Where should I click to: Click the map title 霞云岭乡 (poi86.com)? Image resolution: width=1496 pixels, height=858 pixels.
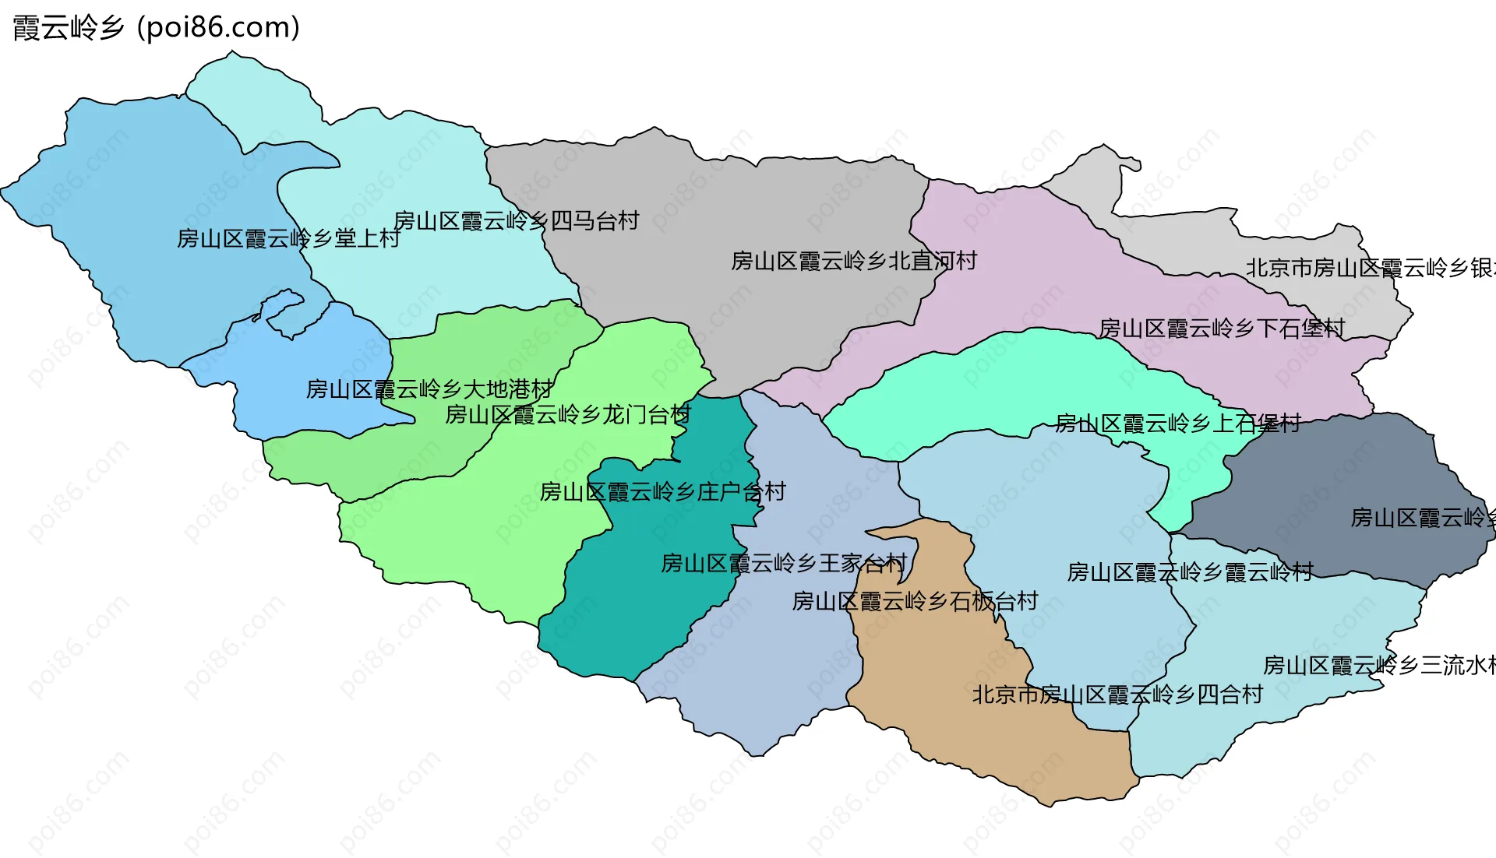(x=156, y=28)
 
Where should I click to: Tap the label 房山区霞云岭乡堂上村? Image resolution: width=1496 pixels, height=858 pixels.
(x=288, y=238)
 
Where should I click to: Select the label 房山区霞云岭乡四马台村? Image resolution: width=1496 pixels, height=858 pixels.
(x=516, y=221)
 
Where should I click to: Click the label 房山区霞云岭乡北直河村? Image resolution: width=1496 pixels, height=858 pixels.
(x=853, y=261)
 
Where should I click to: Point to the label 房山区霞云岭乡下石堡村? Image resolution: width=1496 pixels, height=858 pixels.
(x=1221, y=329)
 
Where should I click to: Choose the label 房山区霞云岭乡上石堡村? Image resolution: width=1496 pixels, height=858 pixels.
(x=1177, y=424)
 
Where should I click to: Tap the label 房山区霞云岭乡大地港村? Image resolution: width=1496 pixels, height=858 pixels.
(x=429, y=389)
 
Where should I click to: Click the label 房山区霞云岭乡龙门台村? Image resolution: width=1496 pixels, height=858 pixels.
(x=567, y=414)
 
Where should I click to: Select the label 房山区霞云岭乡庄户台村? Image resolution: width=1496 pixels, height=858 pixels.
(x=662, y=492)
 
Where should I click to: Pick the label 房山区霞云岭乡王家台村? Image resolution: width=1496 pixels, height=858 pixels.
(x=783, y=563)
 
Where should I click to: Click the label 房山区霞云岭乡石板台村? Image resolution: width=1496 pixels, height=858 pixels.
(x=915, y=601)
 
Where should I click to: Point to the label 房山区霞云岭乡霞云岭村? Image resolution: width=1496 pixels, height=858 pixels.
(x=1190, y=572)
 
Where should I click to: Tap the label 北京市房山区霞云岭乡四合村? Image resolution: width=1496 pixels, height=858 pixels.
(x=1117, y=694)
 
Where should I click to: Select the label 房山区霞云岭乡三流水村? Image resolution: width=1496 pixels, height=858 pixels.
(x=1379, y=666)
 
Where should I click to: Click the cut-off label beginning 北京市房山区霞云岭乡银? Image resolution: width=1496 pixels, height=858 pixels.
(x=1369, y=269)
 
